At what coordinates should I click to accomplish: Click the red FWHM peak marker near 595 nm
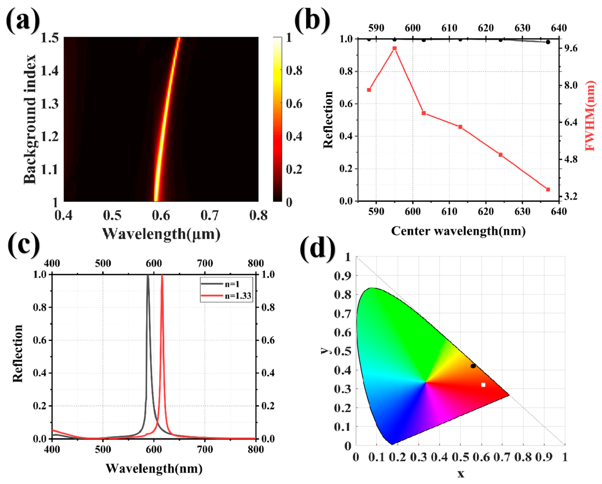point(395,48)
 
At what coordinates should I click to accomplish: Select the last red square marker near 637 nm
point(548,190)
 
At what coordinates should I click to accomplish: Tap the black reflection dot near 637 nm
point(548,42)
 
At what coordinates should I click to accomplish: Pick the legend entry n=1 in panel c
point(232,284)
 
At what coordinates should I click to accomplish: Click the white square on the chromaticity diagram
point(483,385)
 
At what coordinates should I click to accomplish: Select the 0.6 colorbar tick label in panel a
point(294,104)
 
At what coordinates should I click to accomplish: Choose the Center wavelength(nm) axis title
point(458,231)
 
